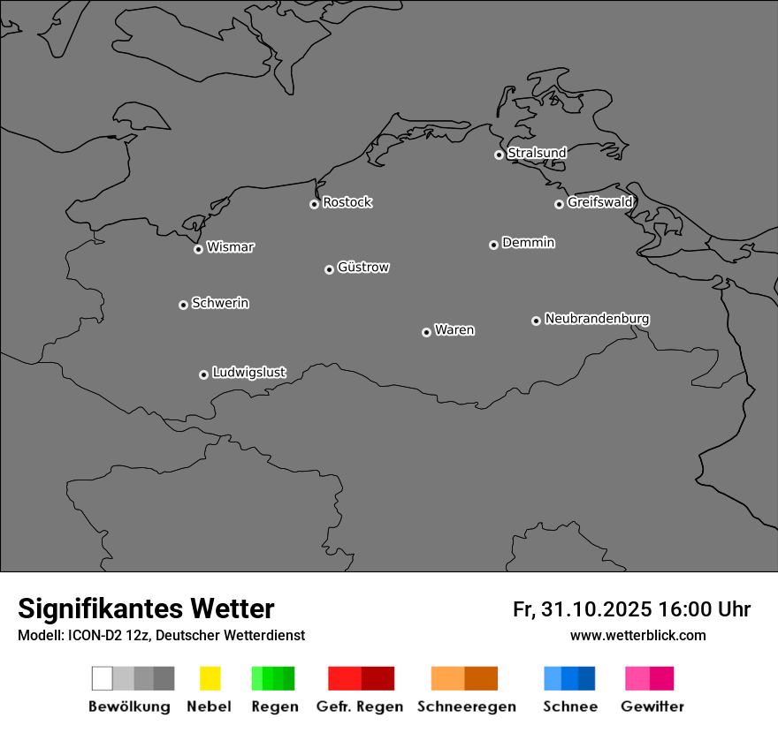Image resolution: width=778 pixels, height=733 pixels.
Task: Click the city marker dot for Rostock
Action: pos(314,204)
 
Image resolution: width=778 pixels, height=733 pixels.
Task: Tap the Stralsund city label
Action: pos(537,153)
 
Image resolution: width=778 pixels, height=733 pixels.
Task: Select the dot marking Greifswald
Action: pos(559,204)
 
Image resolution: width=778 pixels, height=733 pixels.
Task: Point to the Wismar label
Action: pos(230,247)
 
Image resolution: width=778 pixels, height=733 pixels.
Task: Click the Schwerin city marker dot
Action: pos(183,305)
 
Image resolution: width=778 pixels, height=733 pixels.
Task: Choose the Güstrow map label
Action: pos(363,267)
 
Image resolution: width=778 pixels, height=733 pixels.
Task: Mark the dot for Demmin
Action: pos(493,245)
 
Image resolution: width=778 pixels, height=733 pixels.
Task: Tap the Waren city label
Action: pos(454,330)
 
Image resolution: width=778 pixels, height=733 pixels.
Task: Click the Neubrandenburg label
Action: pos(597,319)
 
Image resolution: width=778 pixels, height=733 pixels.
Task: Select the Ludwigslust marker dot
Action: pos(203,374)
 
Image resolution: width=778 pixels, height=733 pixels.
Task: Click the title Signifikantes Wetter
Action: pos(146,608)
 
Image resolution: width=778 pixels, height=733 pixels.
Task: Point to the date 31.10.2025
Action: pos(597,609)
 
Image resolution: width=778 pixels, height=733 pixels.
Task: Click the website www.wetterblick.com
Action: pos(637,635)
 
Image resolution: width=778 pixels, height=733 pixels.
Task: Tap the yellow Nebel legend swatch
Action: pos(210,678)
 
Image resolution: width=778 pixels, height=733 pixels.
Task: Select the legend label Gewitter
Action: pos(652,707)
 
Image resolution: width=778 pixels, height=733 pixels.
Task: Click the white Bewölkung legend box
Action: pos(103,678)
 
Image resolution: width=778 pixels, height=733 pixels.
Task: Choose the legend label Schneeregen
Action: pos(466,707)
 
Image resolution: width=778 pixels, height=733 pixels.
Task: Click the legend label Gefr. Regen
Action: pos(360,707)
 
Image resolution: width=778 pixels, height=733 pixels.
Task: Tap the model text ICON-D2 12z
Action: pos(108,635)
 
